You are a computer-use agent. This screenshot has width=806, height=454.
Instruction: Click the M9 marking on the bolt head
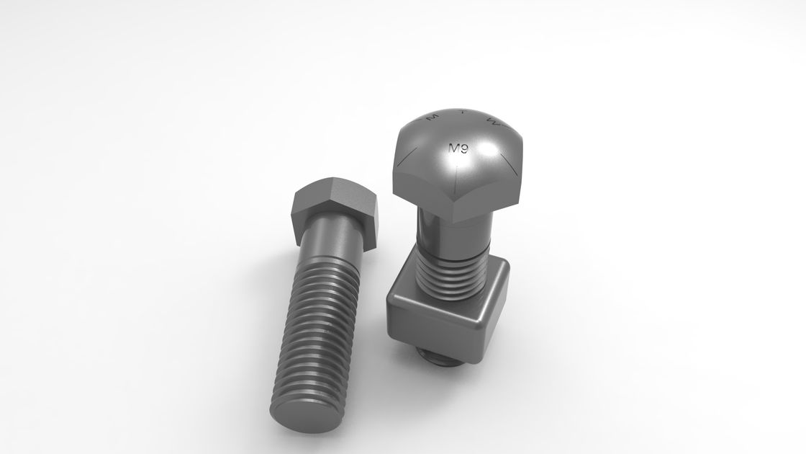pyautogui.click(x=459, y=149)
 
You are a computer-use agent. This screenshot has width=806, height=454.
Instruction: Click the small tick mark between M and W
pyautogui.click(x=462, y=112)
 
